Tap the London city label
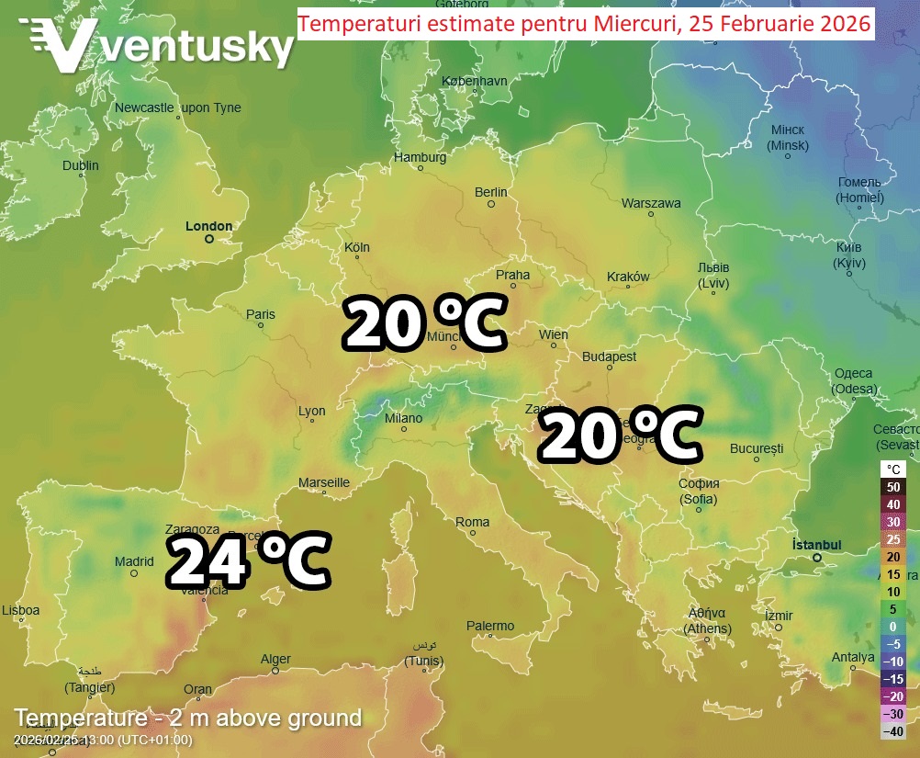pos(209,226)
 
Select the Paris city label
pos(261,314)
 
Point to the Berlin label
pos(491,192)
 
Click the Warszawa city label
pos(651,203)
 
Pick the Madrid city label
pos(134,561)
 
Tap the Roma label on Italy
pos(473,522)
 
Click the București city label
pos(757,448)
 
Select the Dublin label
pos(81,165)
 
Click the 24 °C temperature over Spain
pos(247,561)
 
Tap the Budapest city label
pos(610,356)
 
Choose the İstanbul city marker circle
pos(816,558)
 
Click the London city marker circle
pos(209,239)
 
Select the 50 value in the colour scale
pos(893,488)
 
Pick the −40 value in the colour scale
pos(893,731)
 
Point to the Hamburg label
pos(420,157)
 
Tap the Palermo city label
pos(490,626)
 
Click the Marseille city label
pos(324,482)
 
